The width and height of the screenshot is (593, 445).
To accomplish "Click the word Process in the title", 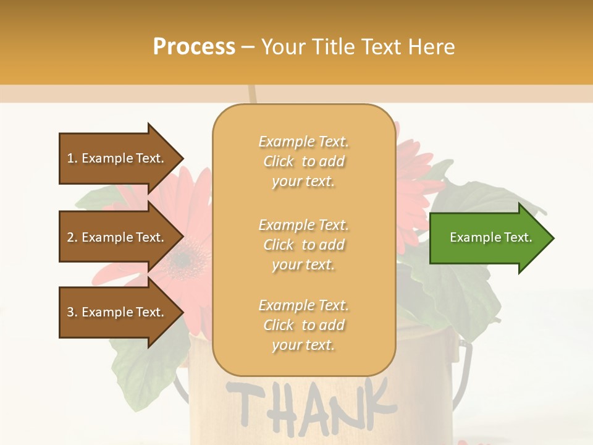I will pos(194,47).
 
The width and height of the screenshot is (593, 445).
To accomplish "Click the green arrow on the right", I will pos(488,238).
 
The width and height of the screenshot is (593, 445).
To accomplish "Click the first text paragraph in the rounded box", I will pos(303,161).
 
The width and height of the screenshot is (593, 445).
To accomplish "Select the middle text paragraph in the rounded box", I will pos(303,245).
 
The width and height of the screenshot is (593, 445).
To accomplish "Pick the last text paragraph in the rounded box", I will pos(303,325).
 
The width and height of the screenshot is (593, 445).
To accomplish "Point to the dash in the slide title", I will pos(248,48).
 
